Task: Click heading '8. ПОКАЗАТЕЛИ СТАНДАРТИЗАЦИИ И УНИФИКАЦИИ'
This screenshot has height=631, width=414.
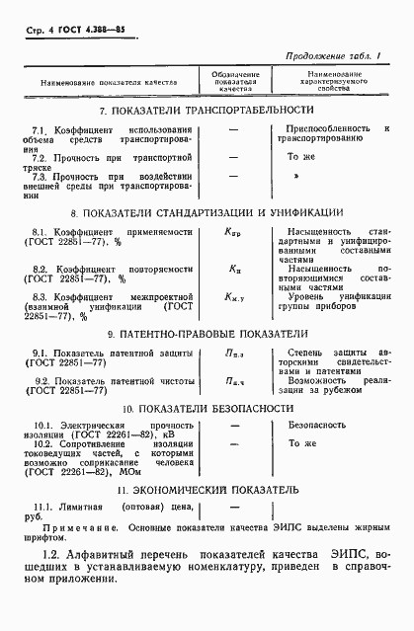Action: pyautogui.click(x=207, y=212)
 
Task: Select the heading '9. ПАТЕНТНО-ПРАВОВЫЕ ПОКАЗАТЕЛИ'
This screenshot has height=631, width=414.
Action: pyautogui.click(x=207, y=334)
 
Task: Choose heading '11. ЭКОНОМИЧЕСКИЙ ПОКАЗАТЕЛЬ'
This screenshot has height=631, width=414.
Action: pyautogui.click(x=207, y=489)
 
